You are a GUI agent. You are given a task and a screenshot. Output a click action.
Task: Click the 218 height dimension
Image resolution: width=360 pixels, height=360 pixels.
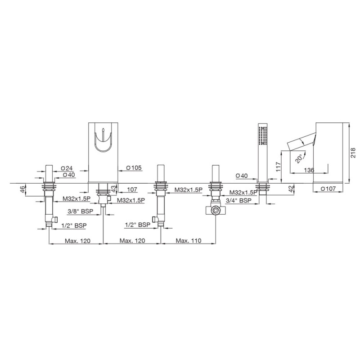point(353,153)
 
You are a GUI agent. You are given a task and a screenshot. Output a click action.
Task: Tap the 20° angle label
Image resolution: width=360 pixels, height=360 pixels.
point(299,159)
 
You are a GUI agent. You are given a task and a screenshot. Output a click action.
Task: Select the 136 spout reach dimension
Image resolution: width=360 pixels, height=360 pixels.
point(309,170)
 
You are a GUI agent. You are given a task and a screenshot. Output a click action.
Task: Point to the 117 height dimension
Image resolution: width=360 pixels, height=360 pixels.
point(278,167)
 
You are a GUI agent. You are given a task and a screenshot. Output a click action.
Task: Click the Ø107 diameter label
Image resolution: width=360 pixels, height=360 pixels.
point(328,189)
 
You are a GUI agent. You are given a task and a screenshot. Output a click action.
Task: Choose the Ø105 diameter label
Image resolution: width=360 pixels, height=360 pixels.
point(134,168)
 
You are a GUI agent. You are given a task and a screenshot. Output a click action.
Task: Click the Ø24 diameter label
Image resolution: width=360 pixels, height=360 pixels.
point(67,168)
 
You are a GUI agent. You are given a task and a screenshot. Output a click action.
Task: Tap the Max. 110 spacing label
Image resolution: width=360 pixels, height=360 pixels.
point(189,241)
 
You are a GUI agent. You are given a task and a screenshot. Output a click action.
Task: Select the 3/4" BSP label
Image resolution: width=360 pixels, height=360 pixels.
point(239,200)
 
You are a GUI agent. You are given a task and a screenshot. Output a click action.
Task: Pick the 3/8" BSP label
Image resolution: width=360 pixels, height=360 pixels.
point(81,211)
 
